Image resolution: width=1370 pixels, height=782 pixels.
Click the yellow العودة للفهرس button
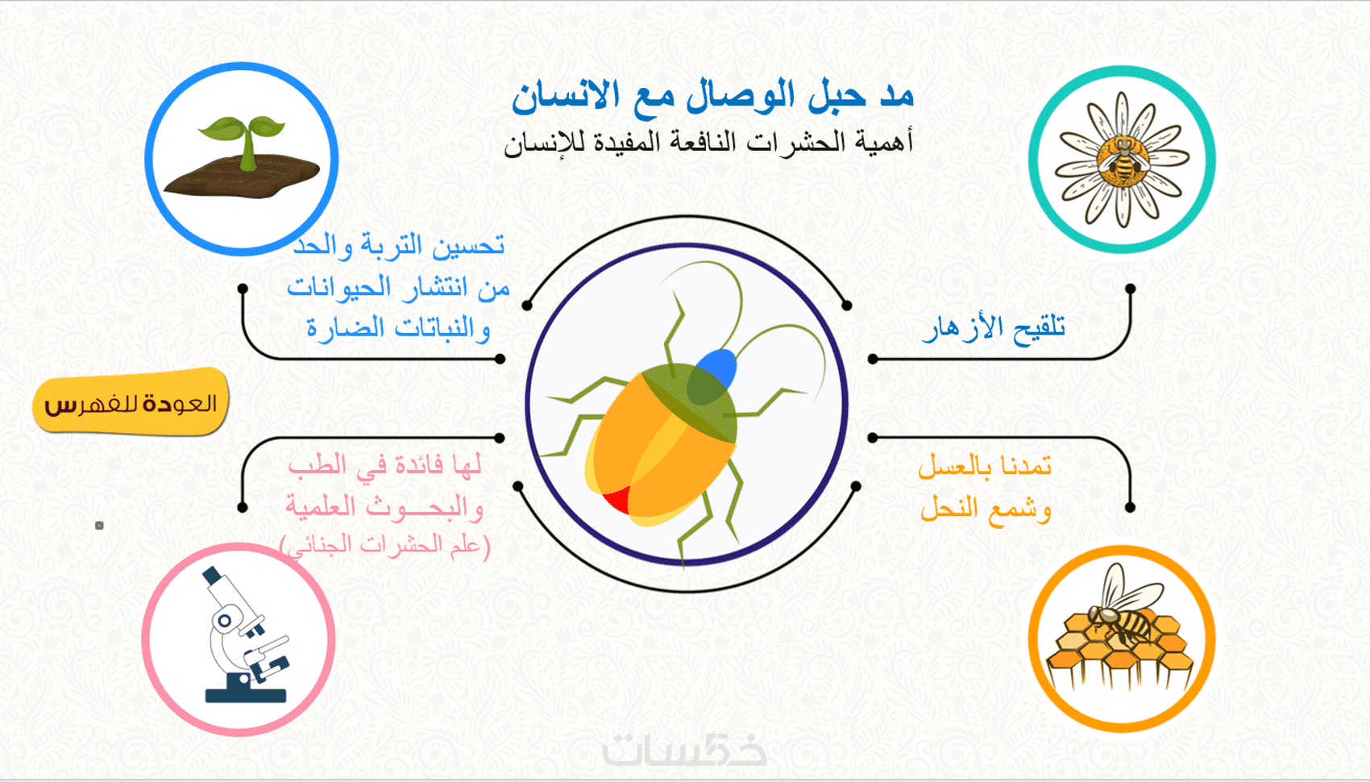[131, 401]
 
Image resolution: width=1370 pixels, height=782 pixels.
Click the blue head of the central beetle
[716, 367]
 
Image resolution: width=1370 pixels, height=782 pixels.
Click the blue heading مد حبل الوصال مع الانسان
[712, 97]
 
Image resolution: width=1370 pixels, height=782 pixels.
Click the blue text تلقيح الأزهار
[994, 328]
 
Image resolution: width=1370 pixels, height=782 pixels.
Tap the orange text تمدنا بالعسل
[985, 466]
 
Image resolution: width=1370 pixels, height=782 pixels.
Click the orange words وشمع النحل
[986, 509]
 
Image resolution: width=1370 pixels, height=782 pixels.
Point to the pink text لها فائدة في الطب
[384, 465]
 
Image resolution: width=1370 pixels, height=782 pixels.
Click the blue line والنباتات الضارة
[398, 328]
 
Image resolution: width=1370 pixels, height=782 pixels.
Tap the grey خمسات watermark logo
[684, 749]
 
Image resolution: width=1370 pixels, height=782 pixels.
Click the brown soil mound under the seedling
[243, 177]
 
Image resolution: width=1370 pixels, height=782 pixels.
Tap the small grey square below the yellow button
[99, 525]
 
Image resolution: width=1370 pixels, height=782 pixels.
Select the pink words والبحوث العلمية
[384, 506]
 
